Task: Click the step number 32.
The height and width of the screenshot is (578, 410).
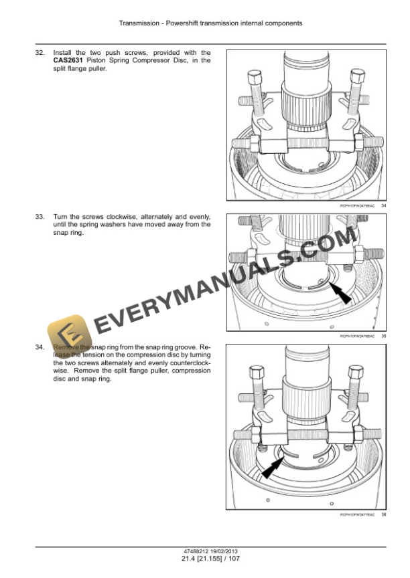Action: point(40,52)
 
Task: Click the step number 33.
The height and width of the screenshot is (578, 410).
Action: point(40,217)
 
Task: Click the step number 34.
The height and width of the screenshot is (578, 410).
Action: point(40,348)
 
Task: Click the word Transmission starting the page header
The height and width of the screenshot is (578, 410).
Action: point(137,23)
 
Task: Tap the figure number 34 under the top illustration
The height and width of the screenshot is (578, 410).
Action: point(383,205)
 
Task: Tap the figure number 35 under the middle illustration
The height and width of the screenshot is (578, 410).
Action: point(383,336)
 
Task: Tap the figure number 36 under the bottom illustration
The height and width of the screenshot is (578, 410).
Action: point(383,514)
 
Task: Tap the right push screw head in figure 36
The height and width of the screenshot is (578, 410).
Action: point(353,370)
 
